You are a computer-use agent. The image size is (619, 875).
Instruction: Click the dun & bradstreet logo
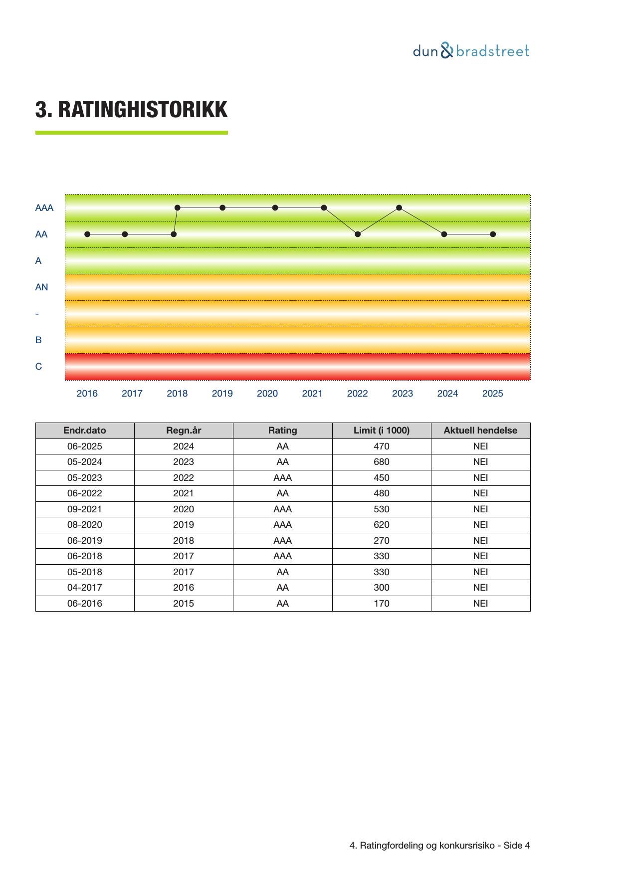[x=471, y=51]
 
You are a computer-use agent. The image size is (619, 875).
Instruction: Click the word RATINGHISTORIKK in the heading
[x=143, y=110]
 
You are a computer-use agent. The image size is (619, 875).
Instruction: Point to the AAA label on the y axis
[x=44, y=208]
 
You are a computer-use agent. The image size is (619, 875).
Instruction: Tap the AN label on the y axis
[x=41, y=287]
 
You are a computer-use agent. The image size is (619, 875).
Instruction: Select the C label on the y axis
[x=38, y=367]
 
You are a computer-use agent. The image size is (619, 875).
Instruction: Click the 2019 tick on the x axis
[x=222, y=394]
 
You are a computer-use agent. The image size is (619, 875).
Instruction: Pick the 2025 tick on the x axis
[x=492, y=394]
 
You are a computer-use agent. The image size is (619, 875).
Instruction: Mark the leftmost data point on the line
[x=87, y=234]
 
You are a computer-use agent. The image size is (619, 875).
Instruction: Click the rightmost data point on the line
[x=493, y=234]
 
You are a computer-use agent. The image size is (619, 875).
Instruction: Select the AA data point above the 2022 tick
[x=358, y=234]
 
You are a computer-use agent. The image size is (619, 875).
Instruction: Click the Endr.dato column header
[x=85, y=431]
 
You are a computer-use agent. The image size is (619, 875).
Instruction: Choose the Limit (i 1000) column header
[x=382, y=431]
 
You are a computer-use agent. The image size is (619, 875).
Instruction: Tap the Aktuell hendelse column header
[x=480, y=431]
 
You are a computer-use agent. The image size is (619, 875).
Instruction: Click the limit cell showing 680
[x=382, y=462]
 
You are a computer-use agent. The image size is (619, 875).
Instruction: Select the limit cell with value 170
[x=382, y=604]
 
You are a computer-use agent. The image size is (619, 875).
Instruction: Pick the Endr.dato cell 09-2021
[x=85, y=509]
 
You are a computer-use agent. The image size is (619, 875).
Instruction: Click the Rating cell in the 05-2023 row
[x=282, y=478]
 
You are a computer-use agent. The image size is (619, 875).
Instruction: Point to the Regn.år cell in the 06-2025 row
[x=184, y=446]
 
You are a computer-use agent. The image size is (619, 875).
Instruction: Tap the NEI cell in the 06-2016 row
[x=480, y=604]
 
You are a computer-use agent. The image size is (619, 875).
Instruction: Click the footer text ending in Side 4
[x=439, y=846]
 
